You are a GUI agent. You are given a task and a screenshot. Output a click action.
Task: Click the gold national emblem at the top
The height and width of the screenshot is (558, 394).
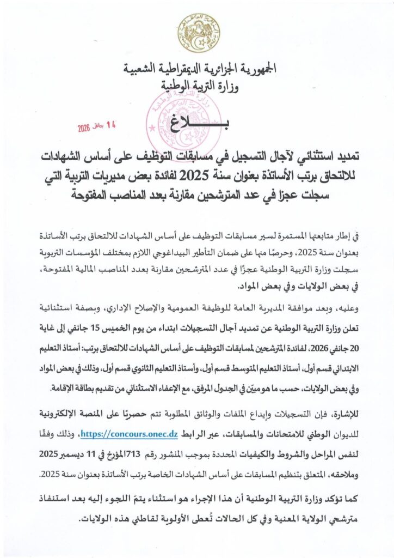tap(198, 33)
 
